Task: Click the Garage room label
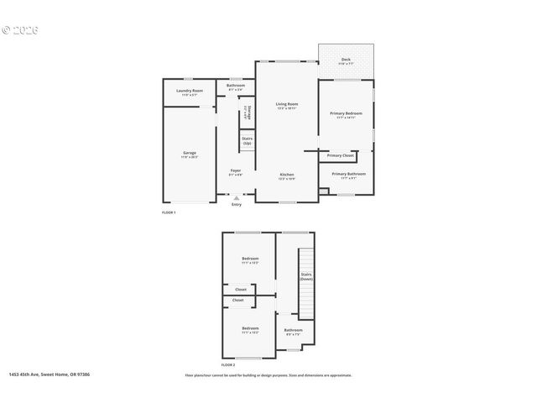point(189,153)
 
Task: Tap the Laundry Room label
point(189,91)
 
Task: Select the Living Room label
point(287,104)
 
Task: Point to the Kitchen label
point(287,175)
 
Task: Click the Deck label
point(345,60)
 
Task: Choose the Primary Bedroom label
point(346,113)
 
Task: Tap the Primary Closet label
point(341,155)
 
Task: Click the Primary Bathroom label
point(348,174)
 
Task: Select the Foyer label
point(236,170)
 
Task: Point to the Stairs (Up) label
point(248,141)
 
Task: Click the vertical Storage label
point(246,112)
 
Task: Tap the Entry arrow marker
point(236,198)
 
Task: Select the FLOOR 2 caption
point(229,365)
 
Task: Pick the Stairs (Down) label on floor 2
point(306,275)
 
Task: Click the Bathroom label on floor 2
point(293,331)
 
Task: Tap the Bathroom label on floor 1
point(236,86)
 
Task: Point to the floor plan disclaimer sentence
point(268,375)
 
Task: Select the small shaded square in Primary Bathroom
point(323,192)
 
